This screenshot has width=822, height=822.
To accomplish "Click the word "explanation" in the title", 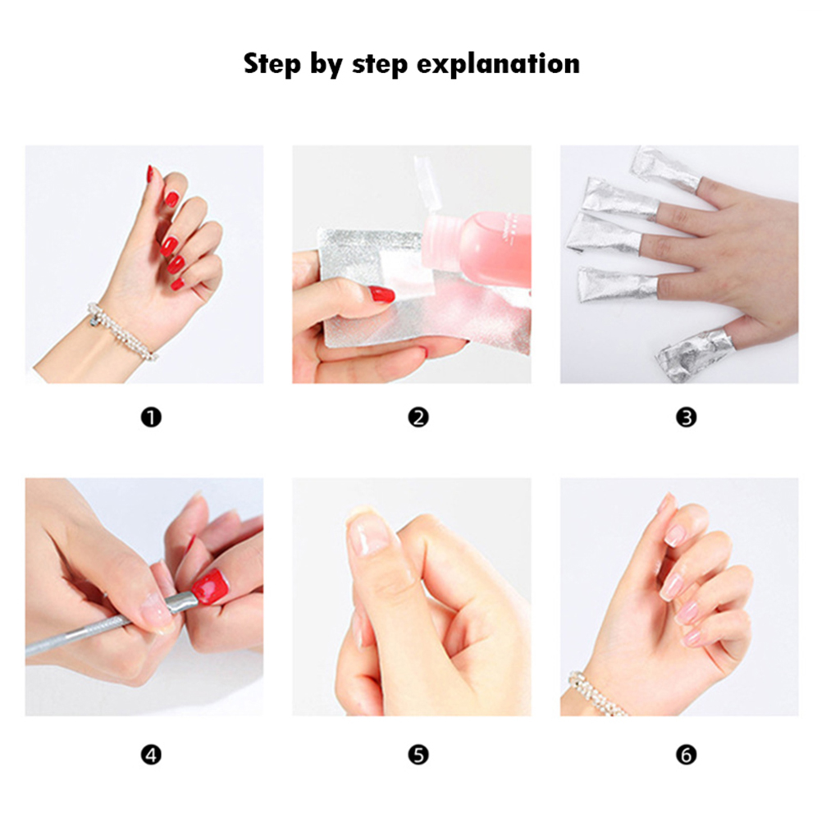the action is click(x=498, y=65).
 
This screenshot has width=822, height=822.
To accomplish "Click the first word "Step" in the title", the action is click(x=272, y=65).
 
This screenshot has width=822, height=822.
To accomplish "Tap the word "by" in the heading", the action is click(x=326, y=65).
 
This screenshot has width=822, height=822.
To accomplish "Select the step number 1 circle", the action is click(x=151, y=418).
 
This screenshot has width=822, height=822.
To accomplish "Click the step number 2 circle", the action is click(x=418, y=418).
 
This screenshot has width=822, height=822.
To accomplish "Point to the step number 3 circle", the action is click(x=686, y=418).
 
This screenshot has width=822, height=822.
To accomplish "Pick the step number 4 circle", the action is click(x=151, y=755).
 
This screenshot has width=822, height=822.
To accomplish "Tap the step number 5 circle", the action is click(x=418, y=755).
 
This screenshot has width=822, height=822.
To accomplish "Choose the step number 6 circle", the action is click(x=686, y=755).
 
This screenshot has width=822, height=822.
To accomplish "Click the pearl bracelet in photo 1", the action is click(x=121, y=331).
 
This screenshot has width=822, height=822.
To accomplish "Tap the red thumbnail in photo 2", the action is click(x=381, y=294).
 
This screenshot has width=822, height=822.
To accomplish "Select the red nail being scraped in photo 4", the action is click(x=211, y=587).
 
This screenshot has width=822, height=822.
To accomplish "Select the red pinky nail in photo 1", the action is click(x=177, y=285).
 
